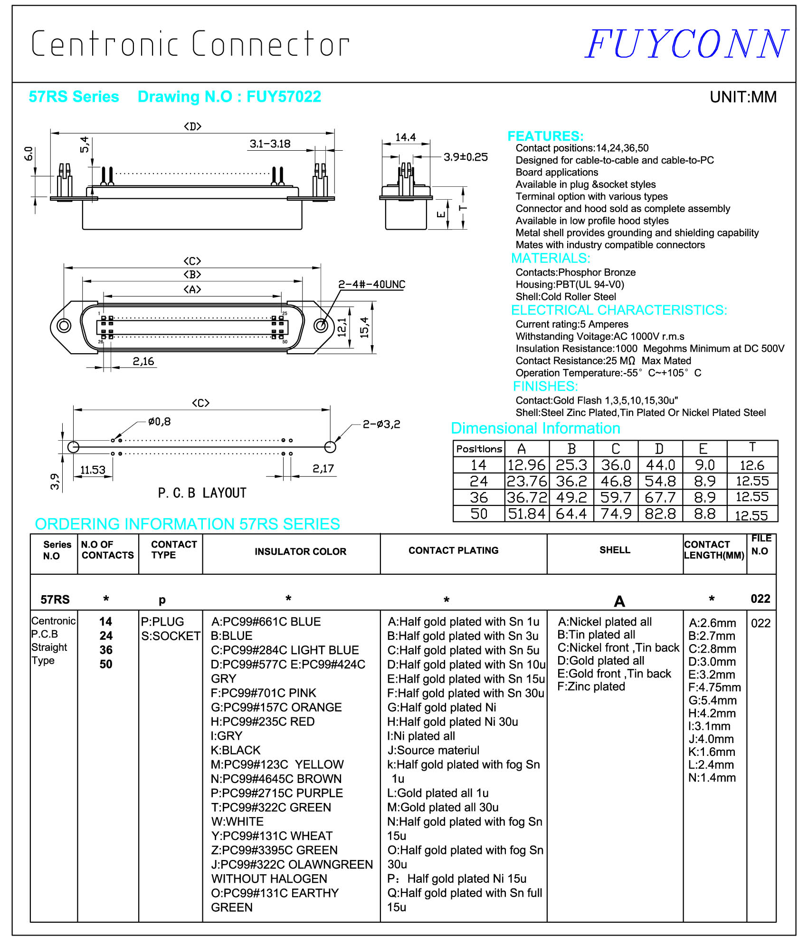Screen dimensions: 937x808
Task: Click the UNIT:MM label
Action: (x=743, y=97)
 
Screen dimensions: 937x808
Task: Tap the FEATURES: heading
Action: (x=545, y=136)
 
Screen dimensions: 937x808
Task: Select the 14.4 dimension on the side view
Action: (x=405, y=137)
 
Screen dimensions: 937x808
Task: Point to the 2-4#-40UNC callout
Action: (x=371, y=284)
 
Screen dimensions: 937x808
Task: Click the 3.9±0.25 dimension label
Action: (x=465, y=157)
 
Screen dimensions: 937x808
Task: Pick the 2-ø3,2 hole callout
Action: (x=381, y=424)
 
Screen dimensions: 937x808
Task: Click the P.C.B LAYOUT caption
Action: (x=202, y=493)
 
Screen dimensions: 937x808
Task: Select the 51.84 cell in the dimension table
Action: (x=526, y=513)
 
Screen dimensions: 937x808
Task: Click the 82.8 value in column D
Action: (x=660, y=513)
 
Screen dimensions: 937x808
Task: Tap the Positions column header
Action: (x=479, y=449)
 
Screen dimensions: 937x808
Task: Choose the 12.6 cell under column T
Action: (x=752, y=465)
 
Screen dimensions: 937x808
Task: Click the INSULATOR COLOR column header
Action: (x=300, y=551)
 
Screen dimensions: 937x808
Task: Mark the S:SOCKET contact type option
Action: (x=171, y=636)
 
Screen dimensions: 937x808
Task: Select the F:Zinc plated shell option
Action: (x=591, y=686)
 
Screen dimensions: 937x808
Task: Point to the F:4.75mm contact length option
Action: (x=714, y=687)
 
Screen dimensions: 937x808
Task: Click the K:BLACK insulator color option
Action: (x=236, y=750)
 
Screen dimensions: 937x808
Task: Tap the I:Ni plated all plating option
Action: (x=421, y=736)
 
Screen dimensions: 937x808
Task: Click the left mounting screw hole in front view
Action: (x=64, y=326)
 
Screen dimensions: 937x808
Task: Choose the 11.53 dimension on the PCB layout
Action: (x=93, y=470)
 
